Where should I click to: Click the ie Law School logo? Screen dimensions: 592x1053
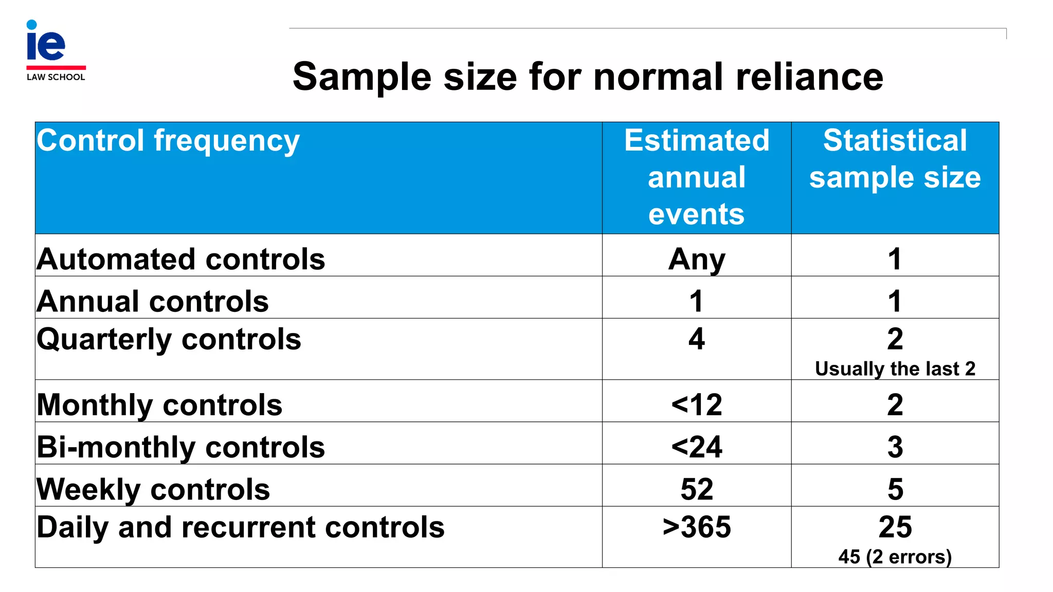(56, 50)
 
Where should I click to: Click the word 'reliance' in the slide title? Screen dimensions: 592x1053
(809, 77)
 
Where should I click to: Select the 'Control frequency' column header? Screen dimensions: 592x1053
(168, 141)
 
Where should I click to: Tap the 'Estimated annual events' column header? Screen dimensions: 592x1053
(696, 177)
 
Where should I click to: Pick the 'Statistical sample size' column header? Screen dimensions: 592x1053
(895, 159)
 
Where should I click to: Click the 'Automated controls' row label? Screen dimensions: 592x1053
(180, 259)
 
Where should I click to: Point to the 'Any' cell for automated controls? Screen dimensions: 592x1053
(696, 259)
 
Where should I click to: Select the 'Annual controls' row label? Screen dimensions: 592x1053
(153, 301)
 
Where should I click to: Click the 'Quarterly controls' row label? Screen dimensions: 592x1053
(169, 340)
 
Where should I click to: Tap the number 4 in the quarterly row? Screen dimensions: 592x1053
(696, 339)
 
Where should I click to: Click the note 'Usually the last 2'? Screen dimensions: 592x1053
(895, 369)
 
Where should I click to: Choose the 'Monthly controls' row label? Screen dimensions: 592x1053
(159, 405)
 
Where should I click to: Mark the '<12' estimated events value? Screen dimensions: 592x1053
(696, 405)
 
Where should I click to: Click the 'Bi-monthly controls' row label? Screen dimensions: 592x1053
(180, 447)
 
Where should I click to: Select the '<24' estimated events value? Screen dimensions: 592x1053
(696, 447)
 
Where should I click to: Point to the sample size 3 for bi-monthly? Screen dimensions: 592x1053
(895, 447)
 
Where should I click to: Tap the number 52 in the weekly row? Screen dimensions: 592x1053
(696, 489)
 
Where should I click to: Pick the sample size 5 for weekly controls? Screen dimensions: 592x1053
(895, 489)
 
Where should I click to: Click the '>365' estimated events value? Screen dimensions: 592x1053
(696, 527)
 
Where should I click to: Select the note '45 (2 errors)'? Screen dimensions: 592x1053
(895, 557)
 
